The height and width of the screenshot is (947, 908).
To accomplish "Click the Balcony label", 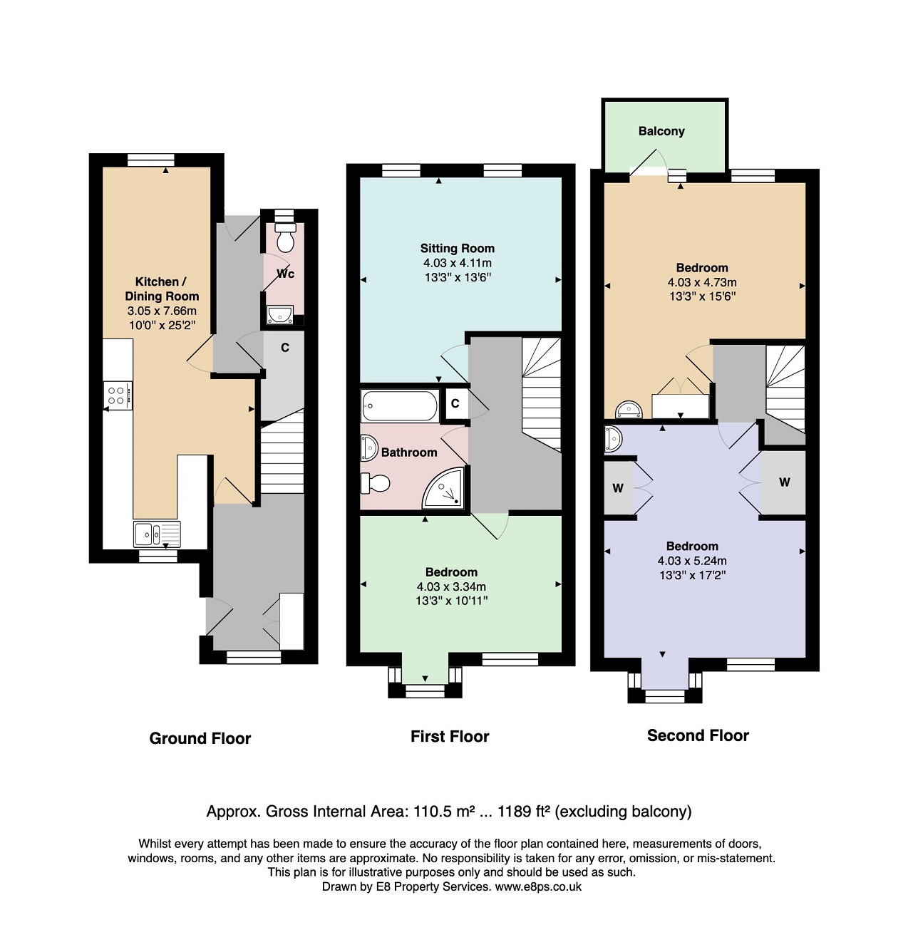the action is pos(661,131).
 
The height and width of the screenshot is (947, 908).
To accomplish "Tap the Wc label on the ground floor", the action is pos(285,274).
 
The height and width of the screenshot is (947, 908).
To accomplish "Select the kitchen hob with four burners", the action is pos(118,395).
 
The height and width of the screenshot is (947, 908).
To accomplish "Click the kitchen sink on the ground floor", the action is pos(157,534).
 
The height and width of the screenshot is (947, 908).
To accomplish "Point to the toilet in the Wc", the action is pos(285,237).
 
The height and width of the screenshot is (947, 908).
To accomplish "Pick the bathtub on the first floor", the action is pos(400,405).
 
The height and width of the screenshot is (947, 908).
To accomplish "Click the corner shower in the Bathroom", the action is pos(443,487).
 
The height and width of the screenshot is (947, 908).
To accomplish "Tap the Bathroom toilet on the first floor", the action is pos(375,483).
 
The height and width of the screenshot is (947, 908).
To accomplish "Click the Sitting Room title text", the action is pos(457,248).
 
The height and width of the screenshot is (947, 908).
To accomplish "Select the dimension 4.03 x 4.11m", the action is pos(457,263).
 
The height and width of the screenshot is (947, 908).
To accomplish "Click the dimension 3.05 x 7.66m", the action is pos(162,311).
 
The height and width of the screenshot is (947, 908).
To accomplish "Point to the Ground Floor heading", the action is pos(200,738).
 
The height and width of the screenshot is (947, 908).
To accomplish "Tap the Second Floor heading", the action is pos(698,735).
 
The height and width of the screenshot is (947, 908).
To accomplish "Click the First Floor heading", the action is pos(450,736).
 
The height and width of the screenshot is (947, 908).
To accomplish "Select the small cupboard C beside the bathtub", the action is pos(455,403).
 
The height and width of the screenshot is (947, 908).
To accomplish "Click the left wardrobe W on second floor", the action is pos(619,487).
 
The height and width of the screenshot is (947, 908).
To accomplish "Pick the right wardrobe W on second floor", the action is pos(783,482).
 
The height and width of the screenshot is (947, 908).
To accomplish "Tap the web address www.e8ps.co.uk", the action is pos(538,886).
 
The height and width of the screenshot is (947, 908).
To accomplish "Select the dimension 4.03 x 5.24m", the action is pos(692,561).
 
